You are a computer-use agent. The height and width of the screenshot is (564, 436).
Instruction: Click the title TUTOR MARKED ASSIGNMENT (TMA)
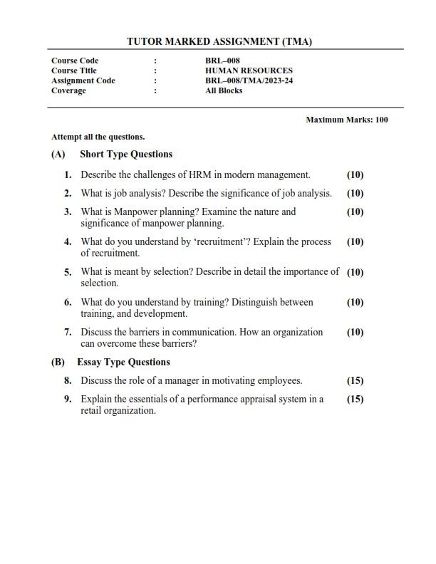[x=219, y=42]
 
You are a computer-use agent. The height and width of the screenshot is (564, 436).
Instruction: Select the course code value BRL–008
[x=217, y=61]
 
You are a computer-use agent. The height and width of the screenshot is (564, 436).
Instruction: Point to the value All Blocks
[x=224, y=90]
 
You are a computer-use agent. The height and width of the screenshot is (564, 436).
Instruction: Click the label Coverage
[x=68, y=90]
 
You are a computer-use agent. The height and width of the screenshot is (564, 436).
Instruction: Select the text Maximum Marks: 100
[x=347, y=120]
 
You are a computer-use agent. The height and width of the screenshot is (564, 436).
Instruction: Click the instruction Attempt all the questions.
[x=98, y=136]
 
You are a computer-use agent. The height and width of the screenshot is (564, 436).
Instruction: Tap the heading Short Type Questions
[x=126, y=154]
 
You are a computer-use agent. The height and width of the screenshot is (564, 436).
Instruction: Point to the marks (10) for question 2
[x=355, y=193]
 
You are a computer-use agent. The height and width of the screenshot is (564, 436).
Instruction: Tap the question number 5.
[x=68, y=272]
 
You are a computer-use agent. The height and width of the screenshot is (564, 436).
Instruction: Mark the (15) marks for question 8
[x=355, y=380]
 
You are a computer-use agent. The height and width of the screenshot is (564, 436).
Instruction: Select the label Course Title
[x=74, y=70]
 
